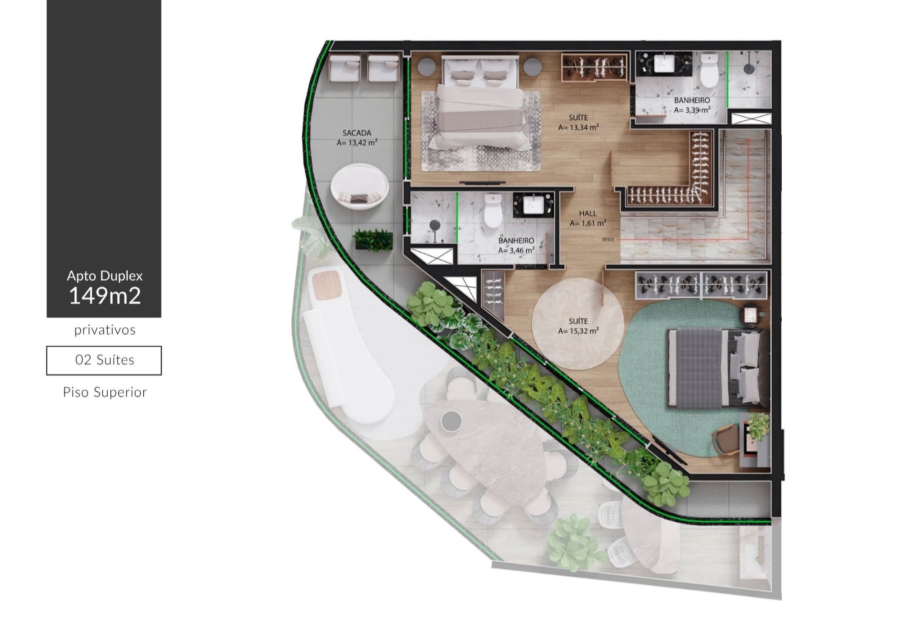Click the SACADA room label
(357, 133)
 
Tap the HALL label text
(588, 213)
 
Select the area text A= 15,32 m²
(578, 331)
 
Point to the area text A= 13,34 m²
(578, 127)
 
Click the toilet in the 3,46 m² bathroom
(493, 211)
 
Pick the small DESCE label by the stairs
(608, 240)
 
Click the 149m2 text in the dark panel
(104, 296)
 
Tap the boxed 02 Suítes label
(104, 360)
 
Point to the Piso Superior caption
(105, 392)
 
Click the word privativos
(105, 330)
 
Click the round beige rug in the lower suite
(578, 324)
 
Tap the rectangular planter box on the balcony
(373, 239)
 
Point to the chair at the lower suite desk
(726, 439)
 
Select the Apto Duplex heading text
(105, 276)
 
